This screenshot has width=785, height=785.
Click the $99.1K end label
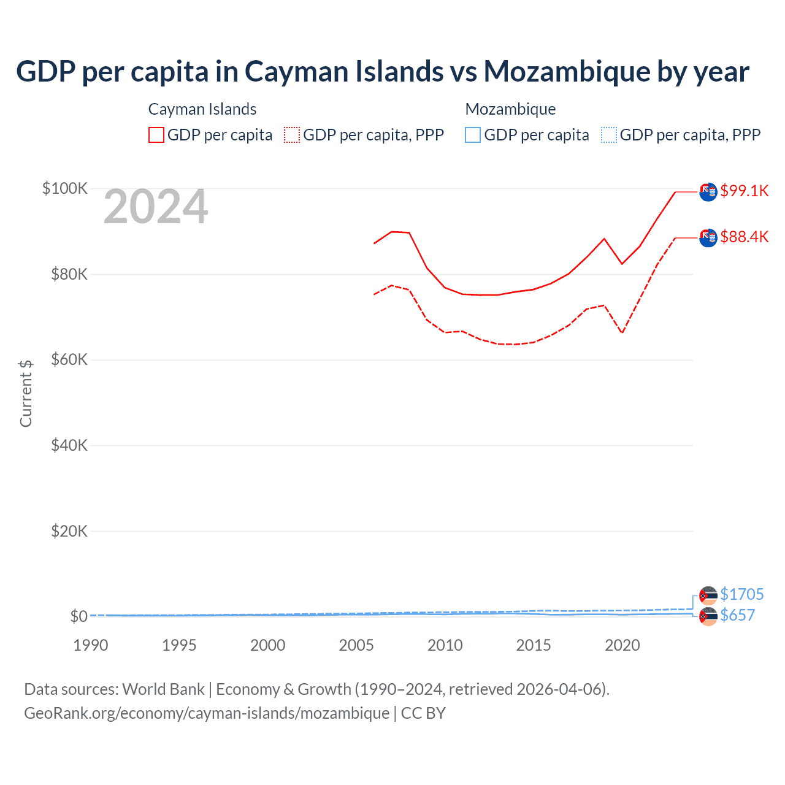[x=744, y=191]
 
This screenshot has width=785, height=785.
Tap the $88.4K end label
[x=744, y=237]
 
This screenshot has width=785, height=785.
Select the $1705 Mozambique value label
[x=741, y=594]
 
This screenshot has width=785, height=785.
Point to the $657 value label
[x=737, y=615]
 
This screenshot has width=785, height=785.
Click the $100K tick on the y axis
[x=65, y=188]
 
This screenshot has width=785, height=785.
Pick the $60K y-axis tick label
[x=69, y=359]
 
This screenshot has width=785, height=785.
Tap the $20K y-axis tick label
[x=69, y=531]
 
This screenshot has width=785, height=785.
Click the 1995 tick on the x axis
[x=179, y=645]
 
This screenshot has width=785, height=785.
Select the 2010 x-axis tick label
[x=445, y=645]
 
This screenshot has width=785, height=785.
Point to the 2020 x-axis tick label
[x=622, y=645]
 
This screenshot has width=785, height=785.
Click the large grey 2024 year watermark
[x=156, y=207]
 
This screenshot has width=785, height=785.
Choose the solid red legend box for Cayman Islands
[x=156, y=135]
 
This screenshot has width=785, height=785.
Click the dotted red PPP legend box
[x=292, y=135]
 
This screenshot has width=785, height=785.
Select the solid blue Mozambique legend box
[x=473, y=135]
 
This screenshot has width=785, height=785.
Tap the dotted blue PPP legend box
[x=609, y=135]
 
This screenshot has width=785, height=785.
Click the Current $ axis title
[x=26, y=393]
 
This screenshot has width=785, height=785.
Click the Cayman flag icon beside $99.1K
[x=708, y=192]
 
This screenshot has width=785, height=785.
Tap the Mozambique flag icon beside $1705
[x=708, y=595]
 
